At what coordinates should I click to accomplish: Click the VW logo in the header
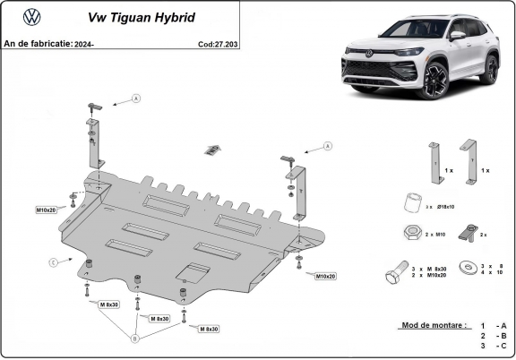click(x=31, y=16)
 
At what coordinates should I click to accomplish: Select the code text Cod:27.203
click(x=218, y=42)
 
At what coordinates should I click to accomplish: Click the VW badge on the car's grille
click(x=368, y=55)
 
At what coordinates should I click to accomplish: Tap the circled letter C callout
click(x=53, y=261)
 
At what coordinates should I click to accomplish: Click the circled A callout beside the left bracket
click(x=137, y=98)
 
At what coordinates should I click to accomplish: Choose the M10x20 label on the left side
click(x=47, y=210)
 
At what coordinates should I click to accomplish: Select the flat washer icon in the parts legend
click(x=466, y=268)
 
